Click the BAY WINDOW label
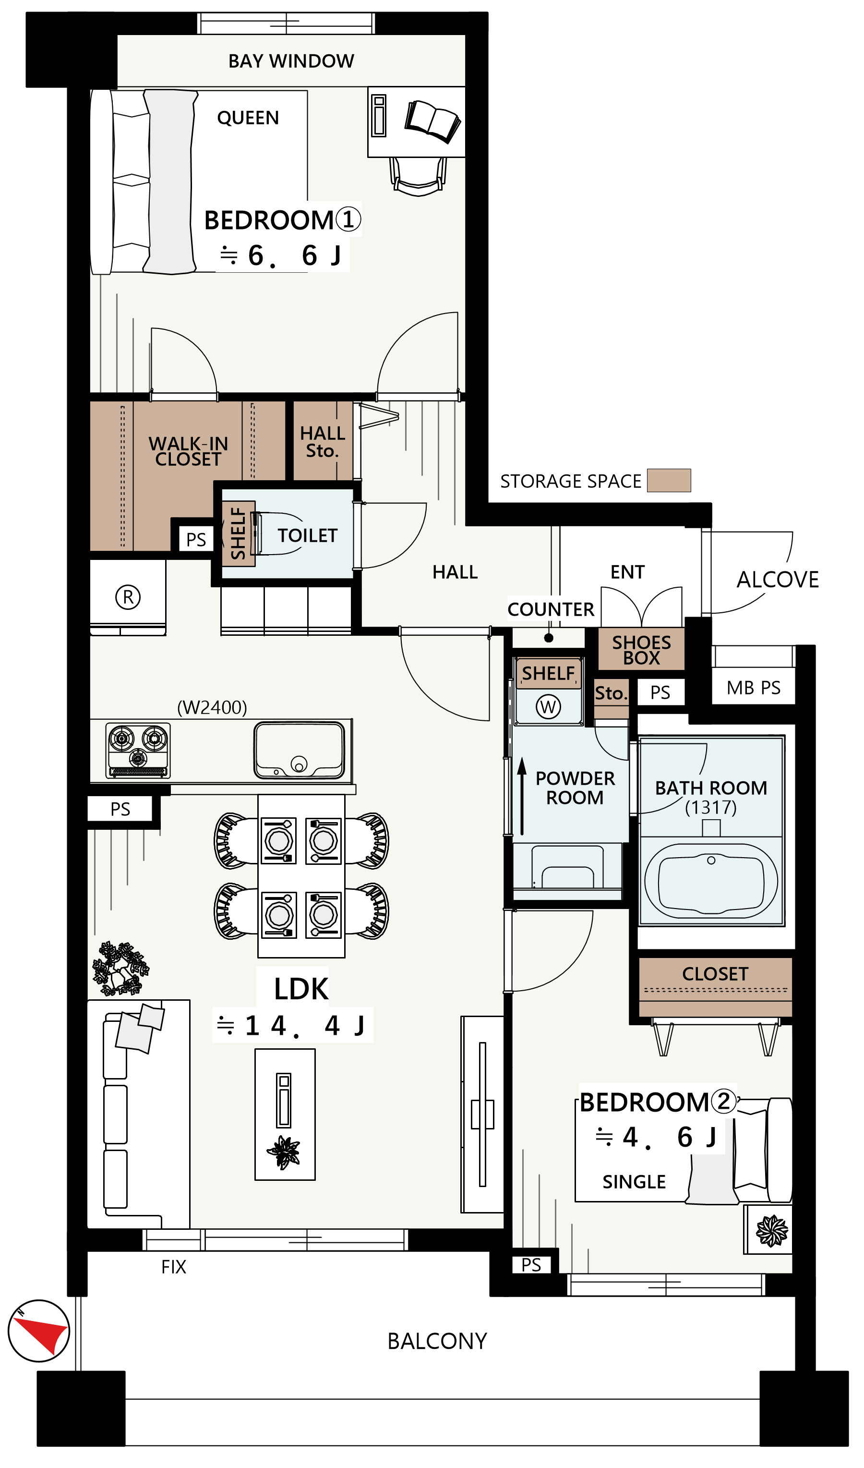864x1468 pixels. pos(291,61)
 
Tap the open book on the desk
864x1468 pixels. pos(432,121)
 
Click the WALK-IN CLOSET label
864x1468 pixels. pos(188,451)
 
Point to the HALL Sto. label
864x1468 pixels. pos(323,442)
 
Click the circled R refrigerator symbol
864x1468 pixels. pos(128,597)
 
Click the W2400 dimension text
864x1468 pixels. pos(212,708)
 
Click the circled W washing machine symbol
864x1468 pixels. pos(548,707)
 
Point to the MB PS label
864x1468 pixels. pos(754,688)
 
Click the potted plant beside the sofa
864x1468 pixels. pos(120,969)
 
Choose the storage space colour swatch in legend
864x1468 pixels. pos(669,481)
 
